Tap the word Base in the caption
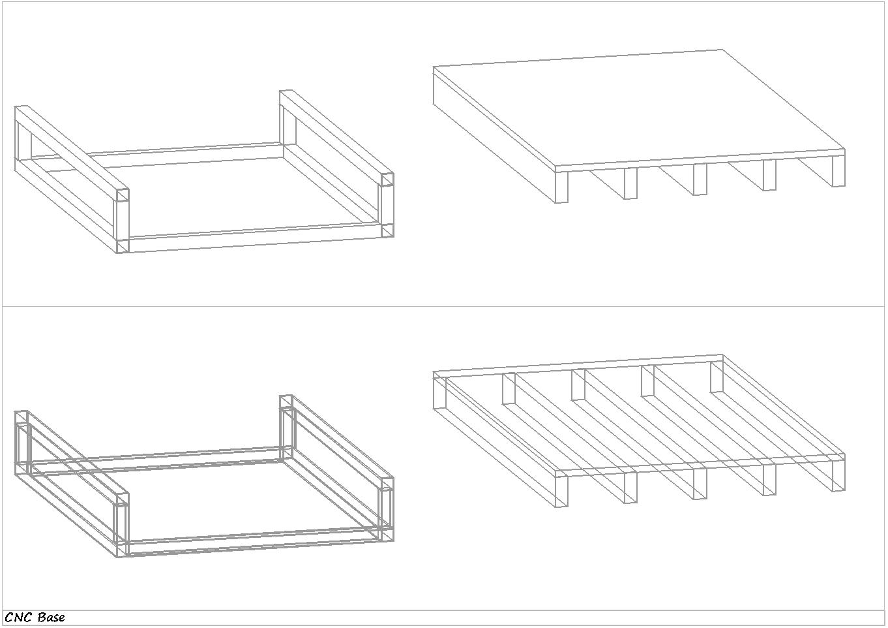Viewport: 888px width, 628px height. coord(52,618)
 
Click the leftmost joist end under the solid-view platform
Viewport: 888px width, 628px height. coord(561,187)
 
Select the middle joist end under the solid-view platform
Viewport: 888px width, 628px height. coord(700,180)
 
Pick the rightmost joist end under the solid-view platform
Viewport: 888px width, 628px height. coord(838,171)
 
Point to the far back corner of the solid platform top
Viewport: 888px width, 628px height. coord(722,50)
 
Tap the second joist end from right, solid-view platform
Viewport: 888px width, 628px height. coord(769,175)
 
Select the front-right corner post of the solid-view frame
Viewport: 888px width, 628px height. coord(387,205)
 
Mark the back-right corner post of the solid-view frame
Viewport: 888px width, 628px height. coord(288,118)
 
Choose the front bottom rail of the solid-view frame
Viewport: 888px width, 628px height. coord(255,238)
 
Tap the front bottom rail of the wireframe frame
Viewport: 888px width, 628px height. coord(255,542)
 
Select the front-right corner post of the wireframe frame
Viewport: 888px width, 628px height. coord(387,509)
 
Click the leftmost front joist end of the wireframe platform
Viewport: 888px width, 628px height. coord(561,492)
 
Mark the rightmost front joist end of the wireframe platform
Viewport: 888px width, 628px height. coord(838,475)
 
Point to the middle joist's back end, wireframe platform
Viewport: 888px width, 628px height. coord(578,385)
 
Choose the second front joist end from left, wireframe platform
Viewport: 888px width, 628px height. coord(630,488)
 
